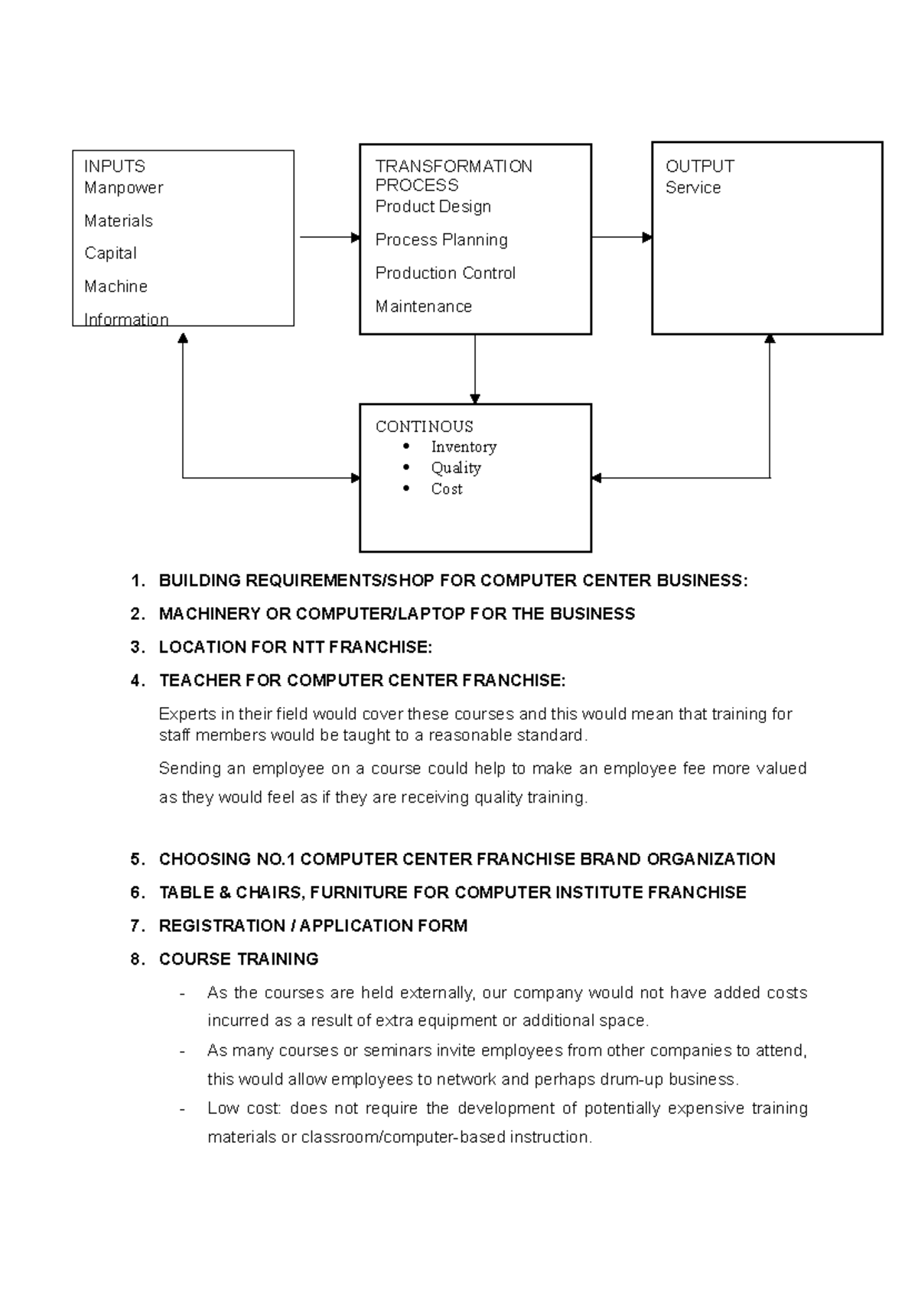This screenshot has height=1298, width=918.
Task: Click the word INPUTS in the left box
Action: pos(114,167)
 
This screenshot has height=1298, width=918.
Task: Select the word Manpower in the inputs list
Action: pos(123,188)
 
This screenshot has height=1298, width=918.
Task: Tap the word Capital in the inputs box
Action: pos(110,254)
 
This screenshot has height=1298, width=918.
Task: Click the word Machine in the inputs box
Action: pos(116,287)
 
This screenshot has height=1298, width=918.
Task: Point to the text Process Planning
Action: pos(441,240)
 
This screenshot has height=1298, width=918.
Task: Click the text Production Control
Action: pos(445,274)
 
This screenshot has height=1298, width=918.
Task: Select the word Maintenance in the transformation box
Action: pos(423,307)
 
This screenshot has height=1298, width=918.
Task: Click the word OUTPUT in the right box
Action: pos(699,167)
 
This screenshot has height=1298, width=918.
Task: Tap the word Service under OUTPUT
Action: pos(692,188)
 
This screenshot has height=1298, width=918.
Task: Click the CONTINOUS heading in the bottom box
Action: pos(424,427)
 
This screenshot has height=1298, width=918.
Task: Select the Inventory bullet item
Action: pos(463,447)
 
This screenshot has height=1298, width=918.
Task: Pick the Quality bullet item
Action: pos(455,468)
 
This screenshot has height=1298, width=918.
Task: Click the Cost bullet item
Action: pos(446,489)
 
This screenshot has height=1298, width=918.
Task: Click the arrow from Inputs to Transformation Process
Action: pos(329,238)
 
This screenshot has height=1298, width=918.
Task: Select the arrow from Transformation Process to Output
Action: pos(620,238)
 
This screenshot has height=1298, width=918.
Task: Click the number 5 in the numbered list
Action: pos(136,860)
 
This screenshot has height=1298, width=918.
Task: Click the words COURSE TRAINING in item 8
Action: pos(238,959)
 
